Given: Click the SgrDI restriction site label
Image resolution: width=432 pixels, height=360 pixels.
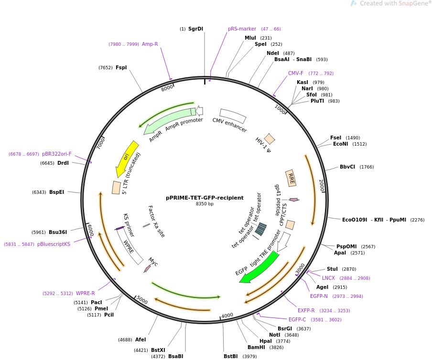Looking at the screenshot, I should click(x=195, y=29).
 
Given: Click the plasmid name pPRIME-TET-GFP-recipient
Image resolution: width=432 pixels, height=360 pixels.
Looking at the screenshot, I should click(x=205, y=198).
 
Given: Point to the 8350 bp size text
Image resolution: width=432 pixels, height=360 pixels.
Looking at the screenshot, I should click(x=205, y=204).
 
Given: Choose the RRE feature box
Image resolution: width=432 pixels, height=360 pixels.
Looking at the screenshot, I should click(x=291, y=178).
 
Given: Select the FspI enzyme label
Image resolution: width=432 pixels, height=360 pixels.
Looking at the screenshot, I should click(x=121, y=68).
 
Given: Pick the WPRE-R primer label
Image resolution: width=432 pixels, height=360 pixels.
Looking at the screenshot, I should click(x=86, y=294).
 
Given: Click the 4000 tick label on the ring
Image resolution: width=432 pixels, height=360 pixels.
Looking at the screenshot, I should click(x=227, y=315).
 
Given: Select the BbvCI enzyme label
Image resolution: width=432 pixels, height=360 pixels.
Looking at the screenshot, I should click(x=347, y=167).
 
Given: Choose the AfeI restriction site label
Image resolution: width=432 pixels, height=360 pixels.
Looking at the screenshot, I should click(x=140, y=340).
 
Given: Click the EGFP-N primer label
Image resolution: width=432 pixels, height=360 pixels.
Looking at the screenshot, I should click(x=319, y=296).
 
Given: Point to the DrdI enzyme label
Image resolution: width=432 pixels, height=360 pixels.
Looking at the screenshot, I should click(x=63, y=163).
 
